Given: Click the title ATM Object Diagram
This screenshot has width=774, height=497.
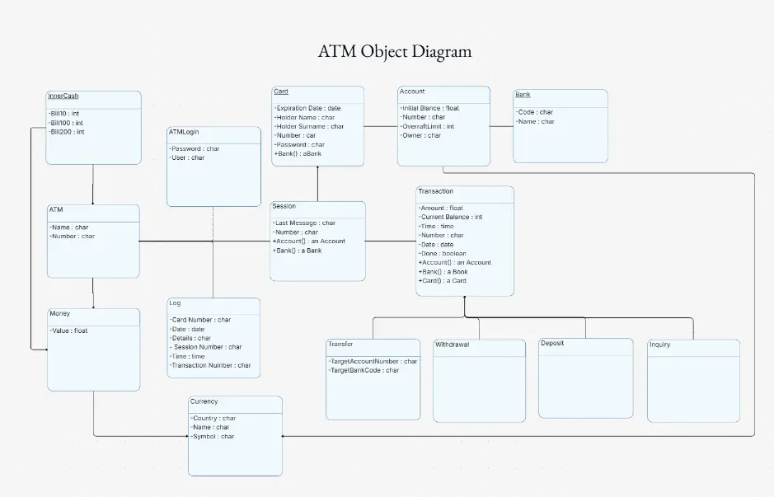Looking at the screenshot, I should coord(395,51).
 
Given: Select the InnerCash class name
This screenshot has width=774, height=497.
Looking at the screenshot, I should coord(63,96).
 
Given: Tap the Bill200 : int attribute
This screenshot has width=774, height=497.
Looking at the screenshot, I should coord(67,132).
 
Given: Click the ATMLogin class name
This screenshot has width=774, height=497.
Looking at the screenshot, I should coord(184,132).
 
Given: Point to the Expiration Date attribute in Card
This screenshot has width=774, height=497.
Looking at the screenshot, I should coord(307,108).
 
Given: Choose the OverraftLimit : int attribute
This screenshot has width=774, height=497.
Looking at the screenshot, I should coord(427,126).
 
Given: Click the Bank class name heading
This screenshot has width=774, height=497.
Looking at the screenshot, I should coord(523,95).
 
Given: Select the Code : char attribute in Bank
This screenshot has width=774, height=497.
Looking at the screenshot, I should coord(534,112).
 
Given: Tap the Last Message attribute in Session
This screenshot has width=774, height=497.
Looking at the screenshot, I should coord(304,223).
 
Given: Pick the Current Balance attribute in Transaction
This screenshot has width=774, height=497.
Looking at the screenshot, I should coord(450,217).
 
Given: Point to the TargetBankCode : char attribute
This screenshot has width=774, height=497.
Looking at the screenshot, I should coord(364,370).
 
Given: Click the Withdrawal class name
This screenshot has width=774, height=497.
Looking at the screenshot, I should coord(452,345).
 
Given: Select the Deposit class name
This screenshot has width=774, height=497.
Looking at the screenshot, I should coord(552,343).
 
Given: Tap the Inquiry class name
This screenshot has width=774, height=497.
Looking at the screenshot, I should coord(659,345).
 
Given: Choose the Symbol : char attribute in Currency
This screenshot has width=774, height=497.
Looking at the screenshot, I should coord(213,436).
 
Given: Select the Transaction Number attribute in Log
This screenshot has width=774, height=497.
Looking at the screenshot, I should coord(210,365).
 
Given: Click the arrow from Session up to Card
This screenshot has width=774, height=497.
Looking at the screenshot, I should coord(317,184).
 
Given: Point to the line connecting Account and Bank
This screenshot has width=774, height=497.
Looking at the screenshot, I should coord(501,126).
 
